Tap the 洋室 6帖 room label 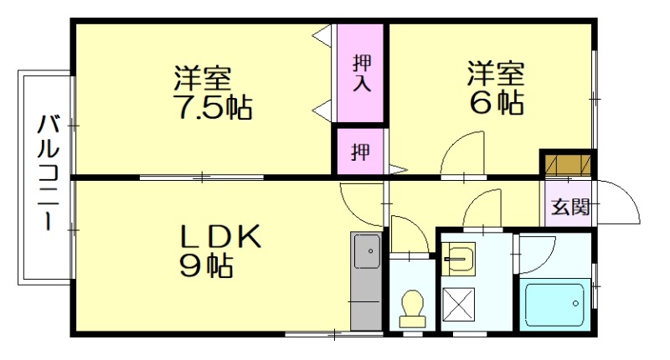[x=496, y=88]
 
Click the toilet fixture [x=411, y=307]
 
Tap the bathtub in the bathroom [x=554, y=304]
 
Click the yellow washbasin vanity [x=458, y=260]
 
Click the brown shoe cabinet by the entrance [x=566, y=163]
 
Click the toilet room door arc [x=409, y=234]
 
